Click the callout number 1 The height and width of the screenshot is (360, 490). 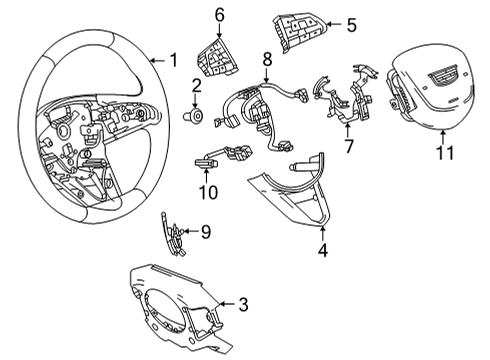coord(172,58)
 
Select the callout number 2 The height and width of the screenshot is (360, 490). coord(197,93)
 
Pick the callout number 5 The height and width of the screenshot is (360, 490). coord(351,25)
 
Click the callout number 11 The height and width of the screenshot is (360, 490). coord(446,153)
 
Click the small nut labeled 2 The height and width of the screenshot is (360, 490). coord(197,117)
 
